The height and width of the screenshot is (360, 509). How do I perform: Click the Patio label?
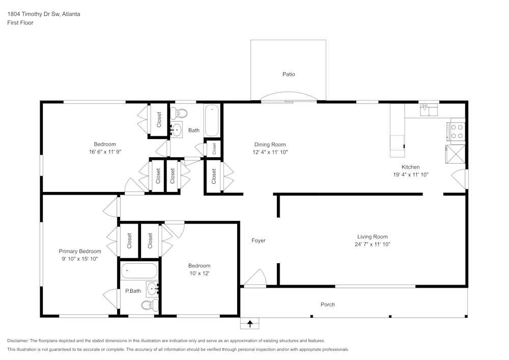tap(289, 74)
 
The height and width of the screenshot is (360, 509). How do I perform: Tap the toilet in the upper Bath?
tap(179, 113)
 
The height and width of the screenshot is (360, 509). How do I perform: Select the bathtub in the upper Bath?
tap(212, 121)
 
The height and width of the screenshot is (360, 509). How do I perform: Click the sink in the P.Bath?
tap(152, 289)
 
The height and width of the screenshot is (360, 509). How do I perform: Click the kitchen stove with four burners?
tap(457, 131)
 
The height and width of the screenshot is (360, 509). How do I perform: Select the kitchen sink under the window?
tap(429, 110)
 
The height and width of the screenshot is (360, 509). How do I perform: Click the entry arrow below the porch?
tap(249, 323)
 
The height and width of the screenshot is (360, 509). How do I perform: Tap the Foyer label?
tap(259, 240)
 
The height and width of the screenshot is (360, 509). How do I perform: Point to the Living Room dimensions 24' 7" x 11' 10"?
tap(373, 244)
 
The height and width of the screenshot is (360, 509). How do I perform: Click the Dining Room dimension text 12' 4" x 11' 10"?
tap(270, 152)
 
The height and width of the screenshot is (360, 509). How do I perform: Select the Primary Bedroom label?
tap(80, 251)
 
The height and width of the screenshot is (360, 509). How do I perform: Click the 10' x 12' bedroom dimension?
tap(199, 273)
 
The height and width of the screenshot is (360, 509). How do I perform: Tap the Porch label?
tap(328, 304)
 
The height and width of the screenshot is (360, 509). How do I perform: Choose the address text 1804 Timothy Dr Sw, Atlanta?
tap(43, 14)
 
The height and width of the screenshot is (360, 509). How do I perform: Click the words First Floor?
tap(20, 23)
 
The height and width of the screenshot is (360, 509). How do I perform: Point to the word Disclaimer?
tap(18, 341)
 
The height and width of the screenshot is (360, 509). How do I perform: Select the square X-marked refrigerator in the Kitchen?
tap(456, 154)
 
